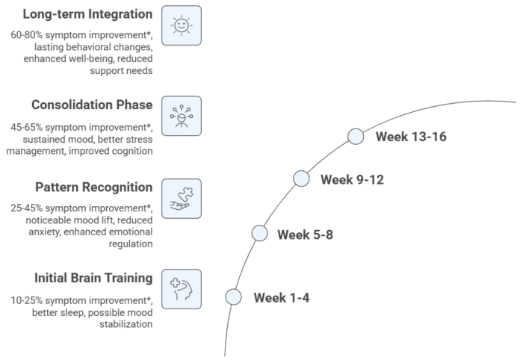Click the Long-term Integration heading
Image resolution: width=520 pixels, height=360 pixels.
tap(87, 15)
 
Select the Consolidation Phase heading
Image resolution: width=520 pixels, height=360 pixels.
tap(92, 105)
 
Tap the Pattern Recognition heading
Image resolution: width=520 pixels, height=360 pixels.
tap(94, 187)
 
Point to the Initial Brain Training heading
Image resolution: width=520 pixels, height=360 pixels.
tap(93, 278)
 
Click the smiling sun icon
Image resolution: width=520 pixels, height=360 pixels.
tap(182, 25)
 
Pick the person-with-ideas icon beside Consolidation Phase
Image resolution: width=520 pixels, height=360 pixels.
tap(182, 116)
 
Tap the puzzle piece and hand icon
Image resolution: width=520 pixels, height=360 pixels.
tap(182, 199)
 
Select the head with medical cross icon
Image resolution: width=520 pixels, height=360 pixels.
tap(182, 289)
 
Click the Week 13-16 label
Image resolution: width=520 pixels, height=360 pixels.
tap(411, 137)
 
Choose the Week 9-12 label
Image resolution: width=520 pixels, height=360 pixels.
tap(352, 180)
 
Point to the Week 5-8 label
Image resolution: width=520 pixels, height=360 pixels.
tap(305, 235)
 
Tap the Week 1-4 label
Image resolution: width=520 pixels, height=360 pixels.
tap(282, 298)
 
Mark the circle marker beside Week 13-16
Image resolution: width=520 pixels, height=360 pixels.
tap(356, 137)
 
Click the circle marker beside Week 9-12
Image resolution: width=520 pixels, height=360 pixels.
tap(301, 179)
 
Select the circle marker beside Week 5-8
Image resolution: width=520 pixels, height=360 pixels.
tap(260, 233)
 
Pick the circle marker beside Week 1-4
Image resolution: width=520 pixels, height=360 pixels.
tap(233, 297)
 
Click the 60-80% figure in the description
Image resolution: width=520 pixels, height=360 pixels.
tap(27, 35)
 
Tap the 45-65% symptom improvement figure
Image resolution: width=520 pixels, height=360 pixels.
tap(27, 127)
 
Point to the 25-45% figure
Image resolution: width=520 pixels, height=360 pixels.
tap(27, 208)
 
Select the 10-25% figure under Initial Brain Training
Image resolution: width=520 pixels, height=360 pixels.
tap(27, 301)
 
